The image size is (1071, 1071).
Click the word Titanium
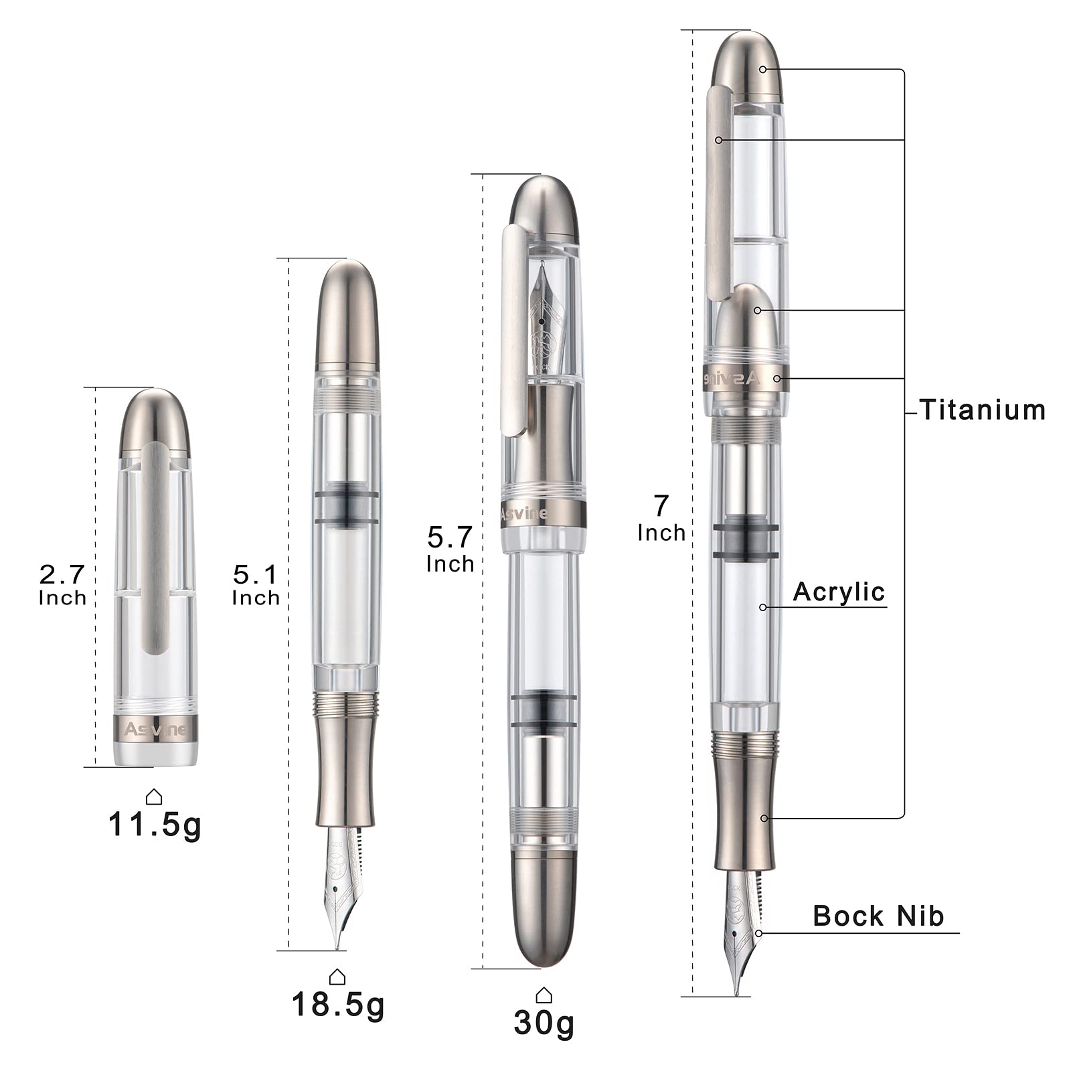[x=982, y=410]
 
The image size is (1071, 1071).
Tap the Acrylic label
[x=839, y=592]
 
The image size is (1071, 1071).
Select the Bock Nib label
[x=878, y=916]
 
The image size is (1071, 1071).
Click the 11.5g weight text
[x=155, y=825]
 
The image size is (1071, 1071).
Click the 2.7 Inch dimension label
[x=62, y=585]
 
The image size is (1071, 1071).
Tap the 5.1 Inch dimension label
[x=256, y=585]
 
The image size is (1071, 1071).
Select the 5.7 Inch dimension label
[x=450, y=550]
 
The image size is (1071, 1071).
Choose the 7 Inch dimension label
[x=661, y=518]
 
